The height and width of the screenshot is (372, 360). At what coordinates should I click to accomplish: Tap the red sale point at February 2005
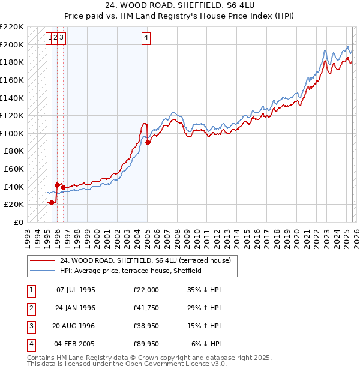tap(148, 142)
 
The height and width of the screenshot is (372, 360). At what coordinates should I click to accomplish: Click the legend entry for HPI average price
tap(130, 271)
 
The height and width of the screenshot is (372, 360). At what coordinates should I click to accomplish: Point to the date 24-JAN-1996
tap(75, 308)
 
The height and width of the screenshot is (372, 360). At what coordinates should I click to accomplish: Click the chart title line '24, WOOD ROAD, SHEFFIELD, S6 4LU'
tap(179, 7)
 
